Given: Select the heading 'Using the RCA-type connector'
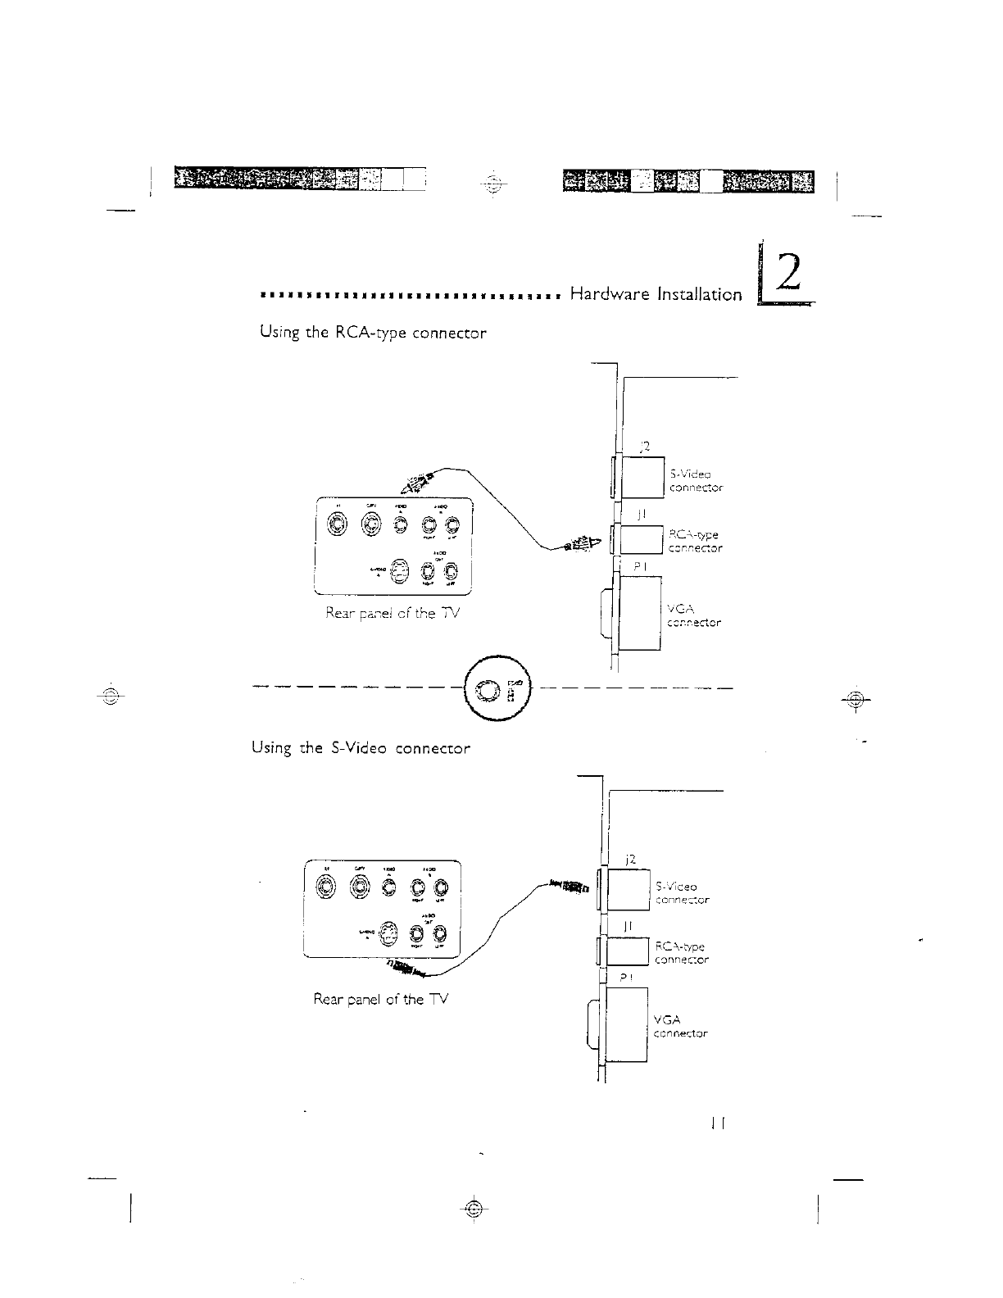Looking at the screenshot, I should tap(373, 334).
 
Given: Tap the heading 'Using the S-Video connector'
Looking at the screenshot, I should tap(361, 749).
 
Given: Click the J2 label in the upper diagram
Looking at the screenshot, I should tap(644, 447).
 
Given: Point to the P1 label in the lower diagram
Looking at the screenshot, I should tap(627, 977).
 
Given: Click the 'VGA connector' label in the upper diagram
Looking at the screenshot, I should tap(694, 615).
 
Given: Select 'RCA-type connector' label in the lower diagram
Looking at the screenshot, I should tap(682, 953).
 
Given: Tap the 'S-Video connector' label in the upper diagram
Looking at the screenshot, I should tap(696, 481).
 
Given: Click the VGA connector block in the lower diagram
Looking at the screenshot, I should tap(626, 1025).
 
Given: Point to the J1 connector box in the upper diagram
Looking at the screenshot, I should tap(641, 539).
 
